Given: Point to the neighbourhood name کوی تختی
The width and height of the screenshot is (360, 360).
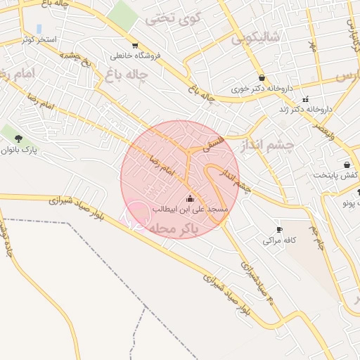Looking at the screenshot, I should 173,18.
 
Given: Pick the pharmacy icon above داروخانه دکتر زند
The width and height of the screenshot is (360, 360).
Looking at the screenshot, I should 305,98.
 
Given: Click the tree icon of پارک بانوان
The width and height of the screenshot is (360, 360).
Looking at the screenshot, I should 18,138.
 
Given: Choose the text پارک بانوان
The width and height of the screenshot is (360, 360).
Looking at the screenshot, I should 19,150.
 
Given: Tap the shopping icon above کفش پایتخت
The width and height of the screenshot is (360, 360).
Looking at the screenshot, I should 347,164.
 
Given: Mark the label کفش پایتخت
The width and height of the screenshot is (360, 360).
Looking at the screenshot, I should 336,175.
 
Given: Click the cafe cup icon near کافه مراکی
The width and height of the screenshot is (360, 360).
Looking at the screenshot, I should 280,229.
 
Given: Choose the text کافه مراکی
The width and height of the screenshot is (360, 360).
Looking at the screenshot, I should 279,240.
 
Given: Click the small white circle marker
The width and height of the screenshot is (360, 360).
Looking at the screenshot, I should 137,214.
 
